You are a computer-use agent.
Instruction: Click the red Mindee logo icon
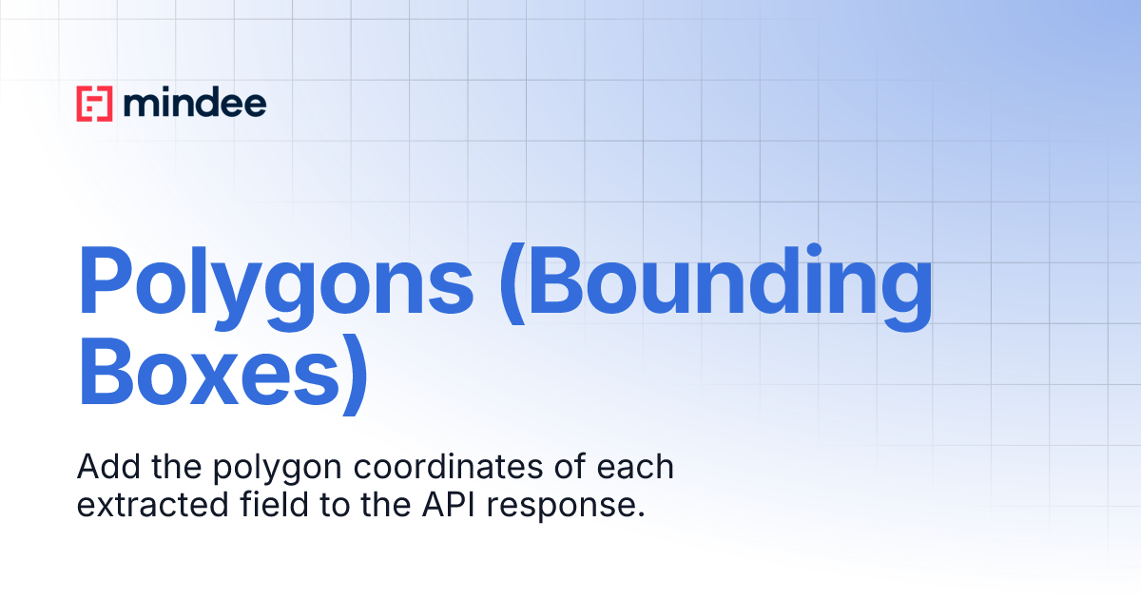click(x=94, y=104)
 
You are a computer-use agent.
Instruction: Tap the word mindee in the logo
click(x=195, y=103)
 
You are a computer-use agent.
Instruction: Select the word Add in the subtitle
click(x=103, y=468)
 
